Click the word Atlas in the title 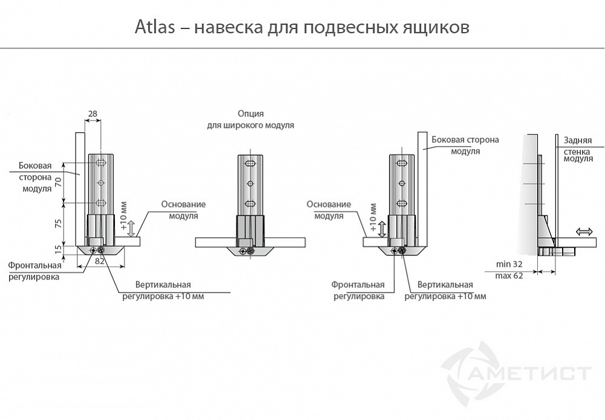click(x=154, y=28)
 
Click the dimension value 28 click(x=93, y=113)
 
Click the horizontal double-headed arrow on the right click(x=584, y=232)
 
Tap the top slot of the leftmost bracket click(x=101, y=163)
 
